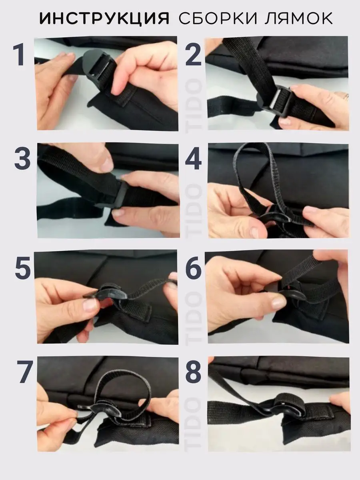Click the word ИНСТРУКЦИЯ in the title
pyautogui.click(x=104, y=18)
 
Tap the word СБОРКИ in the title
pyautogui.click(x=218, y=18)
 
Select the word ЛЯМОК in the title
pyautogui.click(x=299, y=18)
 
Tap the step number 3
pyautogui.click(x=22, y=158)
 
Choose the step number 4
pyautogui.click(x=194, y=158)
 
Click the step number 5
pyautogui.click(x=23, y=268)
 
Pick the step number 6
pyautogui.click(x=194, y=268)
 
